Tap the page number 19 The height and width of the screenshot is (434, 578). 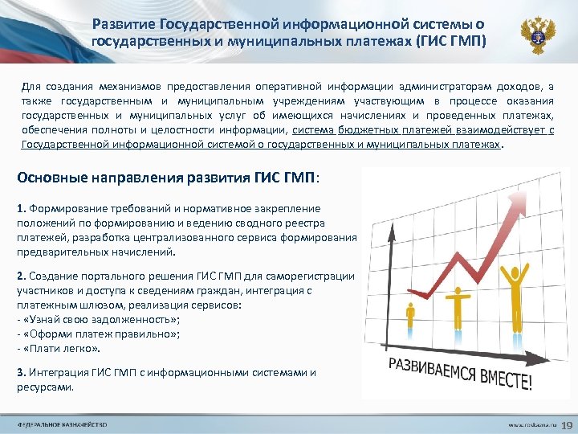(564, 424)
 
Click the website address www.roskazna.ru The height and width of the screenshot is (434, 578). (531, 424)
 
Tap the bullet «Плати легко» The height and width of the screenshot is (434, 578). (61, 349)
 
